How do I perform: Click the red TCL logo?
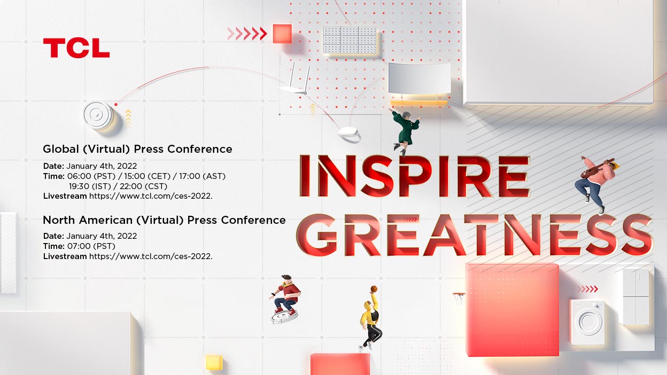pos(76,48)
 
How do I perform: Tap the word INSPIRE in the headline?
pos(414,176)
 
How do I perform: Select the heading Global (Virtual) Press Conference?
pos(137,149)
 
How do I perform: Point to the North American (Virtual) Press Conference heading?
pos(164,220)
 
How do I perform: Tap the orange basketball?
pos(374,289)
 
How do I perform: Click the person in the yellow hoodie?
pos(371,319)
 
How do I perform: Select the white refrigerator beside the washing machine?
pos(635,296)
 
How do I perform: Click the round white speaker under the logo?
pos(98,114)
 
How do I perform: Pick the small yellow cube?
pos(214,362)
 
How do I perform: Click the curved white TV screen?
pos(419,79)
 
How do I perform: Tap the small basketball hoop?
pos(459,296)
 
